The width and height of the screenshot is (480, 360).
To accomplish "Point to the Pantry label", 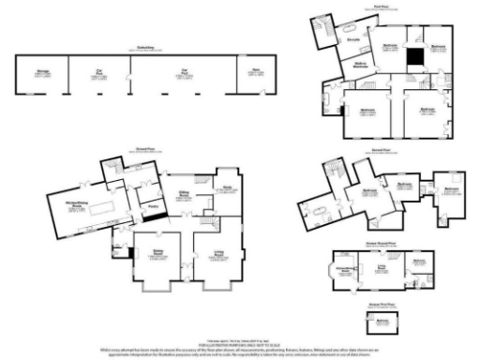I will pyautogui.click(x=151, y=199).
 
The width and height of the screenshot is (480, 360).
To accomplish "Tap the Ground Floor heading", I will pyautogui.click(x=143, y=147).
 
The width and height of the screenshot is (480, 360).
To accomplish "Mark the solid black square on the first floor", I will pyautogui.click(x=413, y=57).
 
